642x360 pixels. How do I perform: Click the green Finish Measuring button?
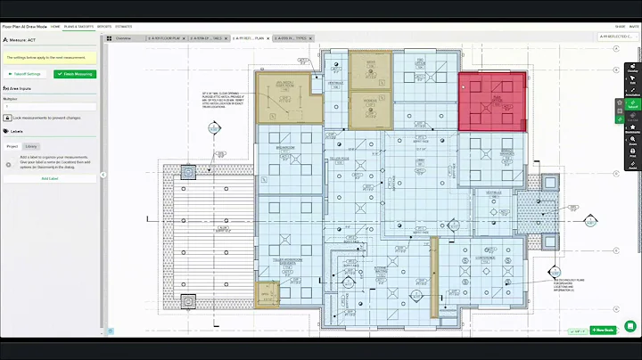[x=75, y=74]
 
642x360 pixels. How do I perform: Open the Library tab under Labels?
[x=31, y=145]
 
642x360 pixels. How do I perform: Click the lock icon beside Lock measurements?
[x=7, y=118]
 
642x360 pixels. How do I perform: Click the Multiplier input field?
[x=51, y=105]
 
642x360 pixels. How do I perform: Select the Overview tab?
[x=122, y=38]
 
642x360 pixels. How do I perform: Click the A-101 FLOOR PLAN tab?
[x=165, y=38]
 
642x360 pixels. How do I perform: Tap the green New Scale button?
[x=602, y=330]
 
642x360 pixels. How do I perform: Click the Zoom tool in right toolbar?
[x=632, y=143]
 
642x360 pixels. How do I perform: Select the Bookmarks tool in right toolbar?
[x=632, y=130]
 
